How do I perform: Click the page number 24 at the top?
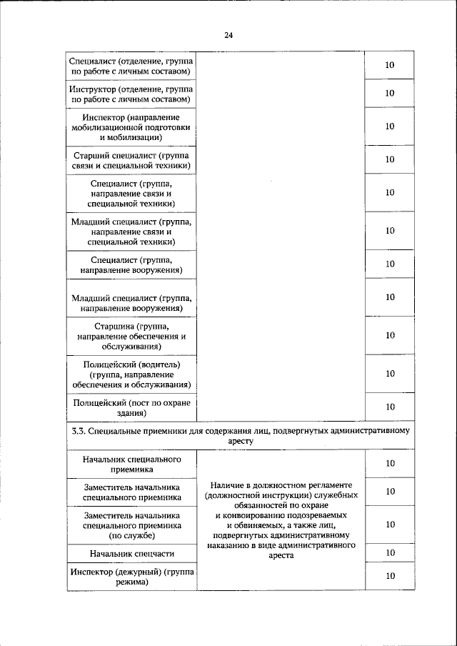pyautogui.click(x=228, y=34)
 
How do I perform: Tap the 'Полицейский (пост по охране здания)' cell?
pyautogui.click(x=131, y=407)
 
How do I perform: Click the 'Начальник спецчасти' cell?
pyautogui.click(x=131, y=553)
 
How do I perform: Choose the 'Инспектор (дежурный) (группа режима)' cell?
pyautogui.click(x=131, y=577)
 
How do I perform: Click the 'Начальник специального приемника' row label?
pyautogui.click(x=131, y=464)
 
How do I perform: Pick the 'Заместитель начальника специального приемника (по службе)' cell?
pyautogui.click(x=131, y=525)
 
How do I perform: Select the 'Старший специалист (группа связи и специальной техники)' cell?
pyautogui.click(x=131, y=159)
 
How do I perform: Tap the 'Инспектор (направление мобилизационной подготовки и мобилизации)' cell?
pyautogui.click(x=131, y=126)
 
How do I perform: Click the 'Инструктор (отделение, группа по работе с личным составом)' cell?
pyautogui.click(x=131, y=93)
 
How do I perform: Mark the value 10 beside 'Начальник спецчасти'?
pyautogui.click(x=390, y=552)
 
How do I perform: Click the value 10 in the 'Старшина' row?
pyautogui.click(x=390, y=335)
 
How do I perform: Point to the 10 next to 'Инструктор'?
pyautogui.click(x=390, y=93)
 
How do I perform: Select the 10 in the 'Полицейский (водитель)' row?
pyautogui.click(x=390, y=373)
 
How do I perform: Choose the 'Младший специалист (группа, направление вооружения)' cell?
pyautogui.click(x=131, y=302)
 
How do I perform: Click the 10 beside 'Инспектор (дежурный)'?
pyautogui.click(x=390, y=577)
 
